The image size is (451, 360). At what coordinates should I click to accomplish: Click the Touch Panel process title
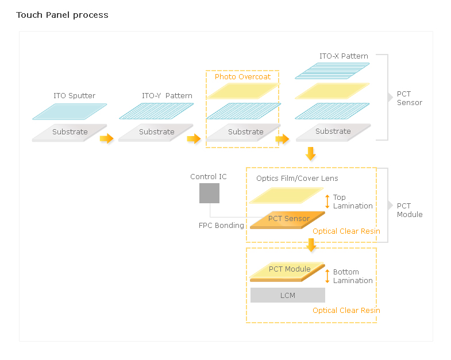[x=62, y=15]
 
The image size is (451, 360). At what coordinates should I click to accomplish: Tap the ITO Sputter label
[x=74, y=95]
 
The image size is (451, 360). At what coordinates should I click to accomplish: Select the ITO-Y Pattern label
[x=167, y=95]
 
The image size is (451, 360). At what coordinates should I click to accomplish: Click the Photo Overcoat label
[x=242, y=76]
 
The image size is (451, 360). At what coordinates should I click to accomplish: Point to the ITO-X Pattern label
[x=344, y=56]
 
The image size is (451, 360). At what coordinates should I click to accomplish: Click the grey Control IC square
[x=209, y=193]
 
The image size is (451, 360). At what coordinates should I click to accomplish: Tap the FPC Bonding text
[x=221, y=225]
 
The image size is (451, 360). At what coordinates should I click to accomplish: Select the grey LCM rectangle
[x=288, y=295]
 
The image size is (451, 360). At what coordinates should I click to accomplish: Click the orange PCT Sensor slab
[x=288, y=220]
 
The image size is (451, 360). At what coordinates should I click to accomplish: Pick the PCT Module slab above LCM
[x=288, y=272]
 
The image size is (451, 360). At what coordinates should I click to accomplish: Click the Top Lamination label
[x=353, y=202]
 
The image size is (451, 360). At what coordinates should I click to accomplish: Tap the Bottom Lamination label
[x=353, y=276]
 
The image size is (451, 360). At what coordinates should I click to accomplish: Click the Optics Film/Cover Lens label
[x=297, y=178]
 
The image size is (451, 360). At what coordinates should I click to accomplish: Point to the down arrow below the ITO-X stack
[x=310, y=153]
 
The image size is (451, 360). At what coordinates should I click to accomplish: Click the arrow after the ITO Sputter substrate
[x=107, y=138]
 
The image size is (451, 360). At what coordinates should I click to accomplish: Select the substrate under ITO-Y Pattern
[x=156, y=133]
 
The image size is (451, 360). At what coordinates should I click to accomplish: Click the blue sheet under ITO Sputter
[x=70, y=111]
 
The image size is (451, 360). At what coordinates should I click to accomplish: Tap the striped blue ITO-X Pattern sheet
[x=332, y=71]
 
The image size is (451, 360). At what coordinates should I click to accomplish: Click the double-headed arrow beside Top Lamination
[x=327, y=202]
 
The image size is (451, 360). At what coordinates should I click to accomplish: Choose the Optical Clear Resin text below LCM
[x=346, y=310]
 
